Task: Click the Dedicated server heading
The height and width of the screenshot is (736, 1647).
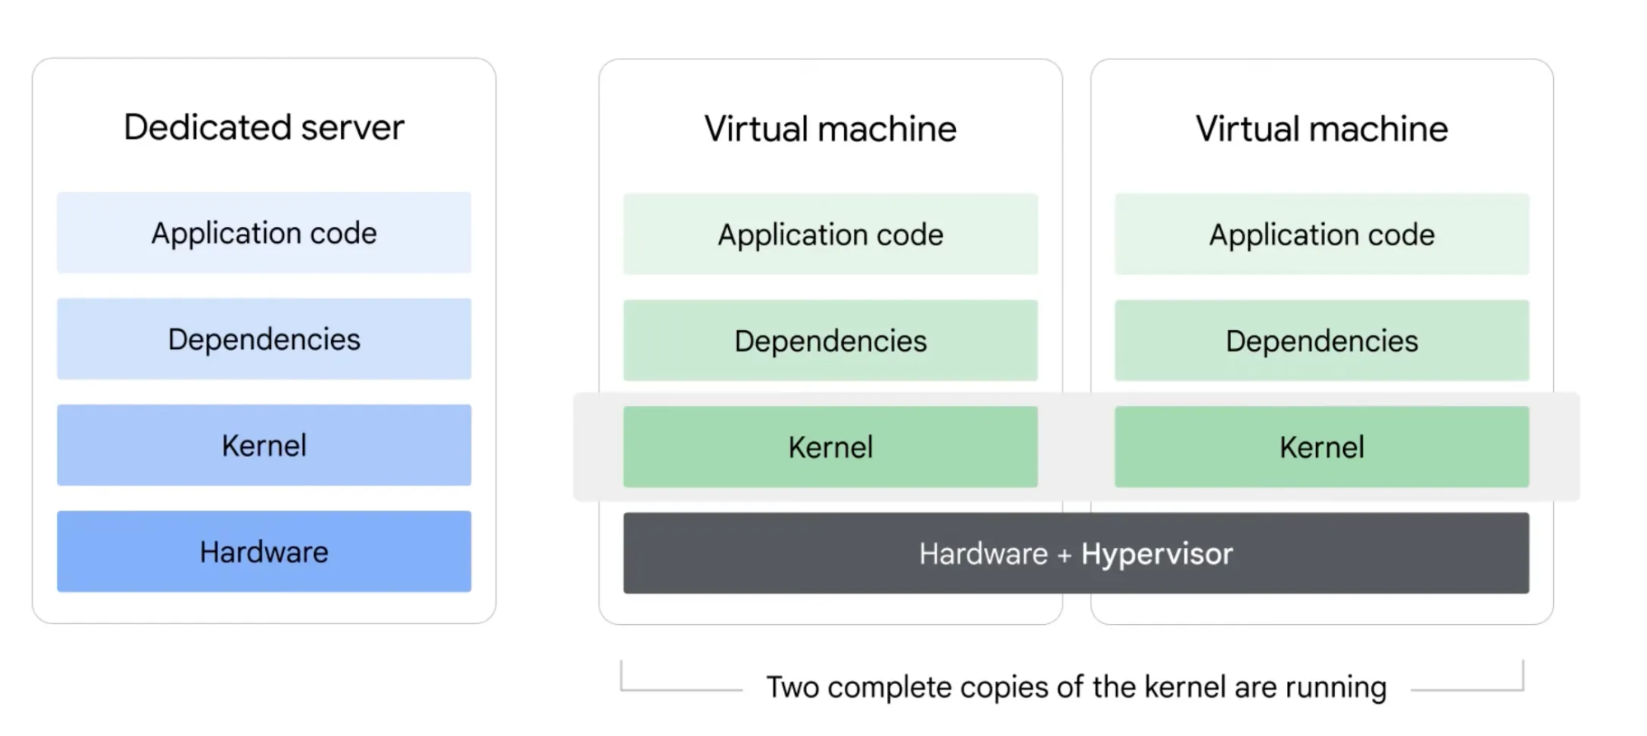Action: [x=264, y=128]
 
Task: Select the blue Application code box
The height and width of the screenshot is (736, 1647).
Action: [x=264, y=233]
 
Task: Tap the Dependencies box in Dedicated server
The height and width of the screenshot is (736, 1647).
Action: [x=264, y=339]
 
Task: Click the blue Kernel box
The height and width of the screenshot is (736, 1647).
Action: [x=264, y=445]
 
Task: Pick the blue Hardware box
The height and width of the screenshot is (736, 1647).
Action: [x=264, y=552]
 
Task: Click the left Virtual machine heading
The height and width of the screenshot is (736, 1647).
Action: [x=830, y=129]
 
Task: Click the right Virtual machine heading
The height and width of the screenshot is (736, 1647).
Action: [x=1322, y=129]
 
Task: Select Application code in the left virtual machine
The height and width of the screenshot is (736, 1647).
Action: [x=830, y=235]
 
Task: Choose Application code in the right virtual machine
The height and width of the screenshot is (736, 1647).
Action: [x=1322, y=235]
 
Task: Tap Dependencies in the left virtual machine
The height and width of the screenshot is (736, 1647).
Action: [x=830, y=341]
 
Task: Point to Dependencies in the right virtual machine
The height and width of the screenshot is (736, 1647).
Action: [x=1322, y=341]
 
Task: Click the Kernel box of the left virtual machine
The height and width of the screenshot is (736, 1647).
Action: [x=830, y=447]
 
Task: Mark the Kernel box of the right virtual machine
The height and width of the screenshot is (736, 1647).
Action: [x=1322, y=447]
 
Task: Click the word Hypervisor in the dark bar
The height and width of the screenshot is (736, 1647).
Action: [x=1157, y=554]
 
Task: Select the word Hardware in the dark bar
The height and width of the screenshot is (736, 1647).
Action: [x=983, y=554]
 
